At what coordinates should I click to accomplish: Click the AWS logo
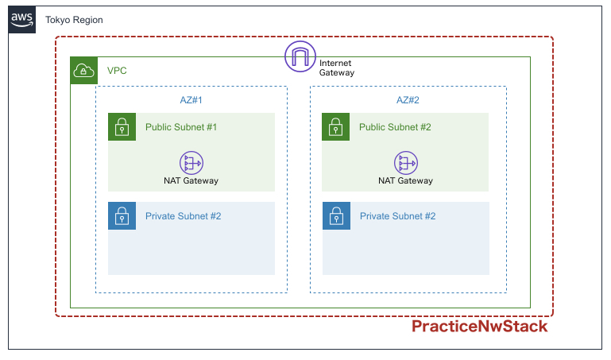pos(21,20)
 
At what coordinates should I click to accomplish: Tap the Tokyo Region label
pos(74,20)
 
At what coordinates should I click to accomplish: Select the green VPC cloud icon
pos(83,71)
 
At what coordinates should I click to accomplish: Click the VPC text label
pos(117,71)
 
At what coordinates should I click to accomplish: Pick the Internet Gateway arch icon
pos(300,56)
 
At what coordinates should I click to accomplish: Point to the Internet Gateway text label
pos(337,68)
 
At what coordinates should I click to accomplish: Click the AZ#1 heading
pos(191,100)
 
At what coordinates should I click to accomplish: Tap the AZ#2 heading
pos(408,100)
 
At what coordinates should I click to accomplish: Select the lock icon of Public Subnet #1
pos(122,126)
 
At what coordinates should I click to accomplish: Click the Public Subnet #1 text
pos(181,127)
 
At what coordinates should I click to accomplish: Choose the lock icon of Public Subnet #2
pos(335,126)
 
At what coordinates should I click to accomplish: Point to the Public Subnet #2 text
pos(395,127)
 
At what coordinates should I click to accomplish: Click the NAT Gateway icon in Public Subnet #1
pos(191,163)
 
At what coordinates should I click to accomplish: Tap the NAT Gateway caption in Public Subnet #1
pos(191,180)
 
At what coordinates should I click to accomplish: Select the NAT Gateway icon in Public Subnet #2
pos(406,163)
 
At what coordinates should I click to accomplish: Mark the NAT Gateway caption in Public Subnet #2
pos(406,180)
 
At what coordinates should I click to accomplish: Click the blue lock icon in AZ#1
pos(122,216)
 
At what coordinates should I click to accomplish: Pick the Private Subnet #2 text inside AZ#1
pos(184,216)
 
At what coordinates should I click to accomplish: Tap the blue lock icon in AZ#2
pos(336,216)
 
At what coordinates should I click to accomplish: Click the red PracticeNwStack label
pos(480,327)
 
